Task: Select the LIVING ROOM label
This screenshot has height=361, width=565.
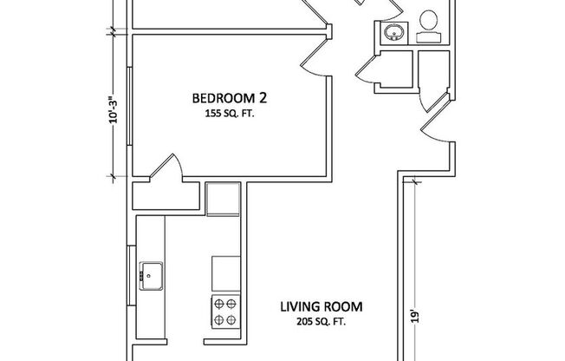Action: (x=321, y=307)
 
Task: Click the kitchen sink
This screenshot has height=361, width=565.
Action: (x=151, y=275)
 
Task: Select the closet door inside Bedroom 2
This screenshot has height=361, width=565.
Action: (x=166, y=168)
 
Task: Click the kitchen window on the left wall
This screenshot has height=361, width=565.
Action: (x=129, y=269)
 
